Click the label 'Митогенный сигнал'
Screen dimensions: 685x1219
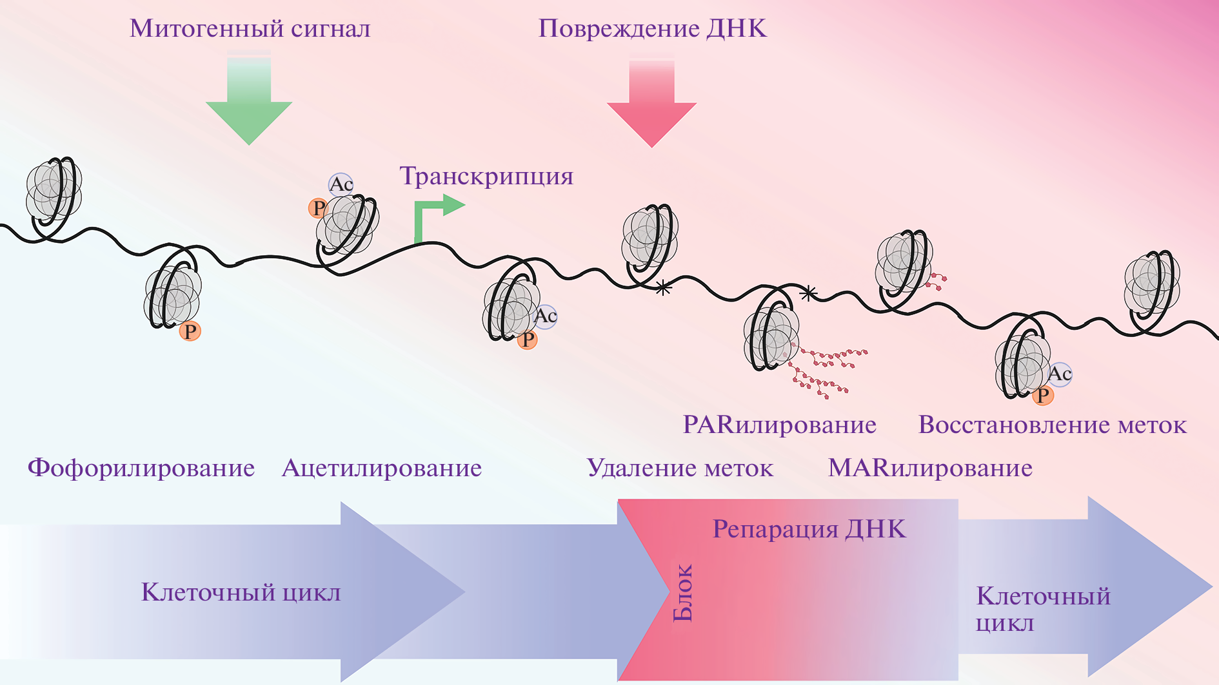pos(250,29)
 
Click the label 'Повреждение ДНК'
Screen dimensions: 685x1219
pos(652,29)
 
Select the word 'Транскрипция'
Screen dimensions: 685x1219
pos(486,177)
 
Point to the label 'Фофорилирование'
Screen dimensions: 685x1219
pos(141,468)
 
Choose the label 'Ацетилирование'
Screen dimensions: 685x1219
pos(382,468)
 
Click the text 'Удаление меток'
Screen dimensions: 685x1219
pos(680,468)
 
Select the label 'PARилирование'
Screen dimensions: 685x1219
pos(779,425)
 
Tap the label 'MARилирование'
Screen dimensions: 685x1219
pos(930,468)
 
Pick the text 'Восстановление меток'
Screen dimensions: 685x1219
pos(1052,425)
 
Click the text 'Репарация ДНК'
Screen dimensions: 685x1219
pos(809,529)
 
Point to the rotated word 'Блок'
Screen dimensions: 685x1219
pos(682,593)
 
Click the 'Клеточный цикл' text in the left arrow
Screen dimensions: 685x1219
pos(241,592)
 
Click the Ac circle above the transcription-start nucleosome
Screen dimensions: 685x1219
pos(341,184)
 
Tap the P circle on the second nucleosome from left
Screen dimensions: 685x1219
pos(190,331)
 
